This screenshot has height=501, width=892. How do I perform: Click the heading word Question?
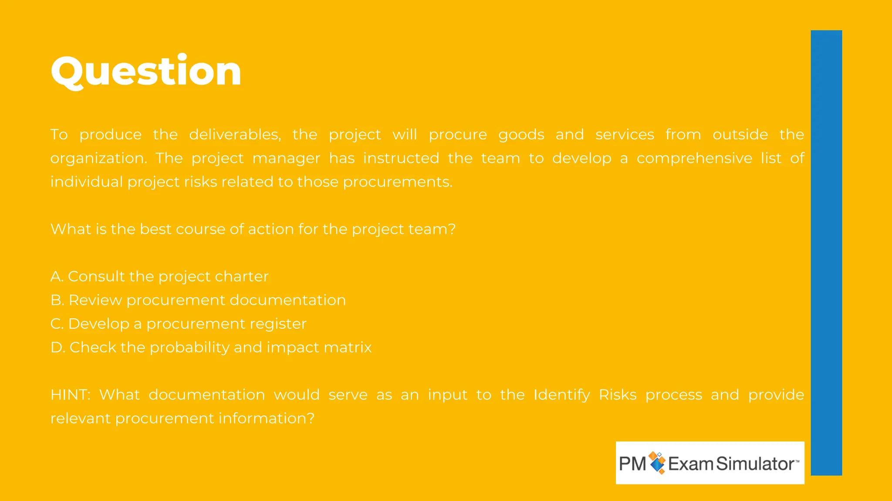[146, 72]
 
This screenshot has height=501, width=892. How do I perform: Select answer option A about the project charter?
[159, 277]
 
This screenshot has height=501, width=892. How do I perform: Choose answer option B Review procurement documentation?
[198, 300]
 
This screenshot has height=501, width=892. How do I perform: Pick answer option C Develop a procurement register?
[179, 324]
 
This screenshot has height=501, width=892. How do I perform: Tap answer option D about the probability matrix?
[211, 347]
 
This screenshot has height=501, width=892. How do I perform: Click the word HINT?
[70, 395]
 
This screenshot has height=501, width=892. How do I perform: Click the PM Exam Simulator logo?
[710, 463]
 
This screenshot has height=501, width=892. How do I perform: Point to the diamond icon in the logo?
[657, 463]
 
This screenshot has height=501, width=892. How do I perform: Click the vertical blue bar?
[826, 252]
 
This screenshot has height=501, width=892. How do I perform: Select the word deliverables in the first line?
[235, 135]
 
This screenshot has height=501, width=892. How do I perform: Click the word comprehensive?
[694, 158]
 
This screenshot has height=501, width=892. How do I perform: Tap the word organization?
[98, 159]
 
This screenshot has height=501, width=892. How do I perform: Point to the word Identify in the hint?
[561, 395]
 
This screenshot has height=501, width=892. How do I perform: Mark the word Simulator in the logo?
[756, 464]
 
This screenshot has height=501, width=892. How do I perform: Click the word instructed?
[401, 158]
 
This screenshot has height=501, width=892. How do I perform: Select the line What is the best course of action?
[253, 229]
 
